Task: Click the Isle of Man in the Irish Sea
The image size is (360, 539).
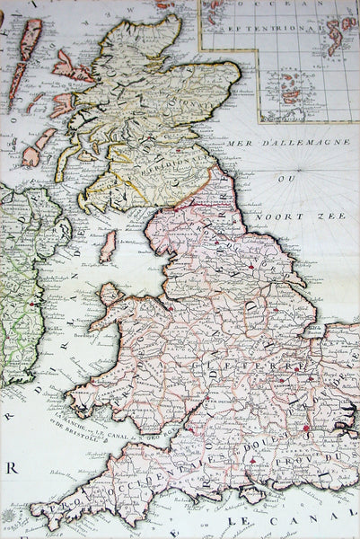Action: click(x=108, y=246)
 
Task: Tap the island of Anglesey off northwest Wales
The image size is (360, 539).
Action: click(x=110, y=294)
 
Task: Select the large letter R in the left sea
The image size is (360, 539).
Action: click(x=12, y=466)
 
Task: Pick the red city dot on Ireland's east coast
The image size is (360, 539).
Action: click(x=35, y=304)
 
